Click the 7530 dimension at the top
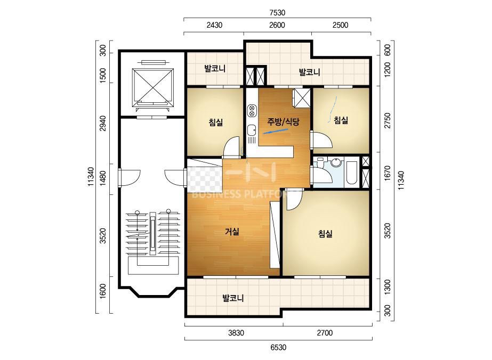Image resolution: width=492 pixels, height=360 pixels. [277, 13]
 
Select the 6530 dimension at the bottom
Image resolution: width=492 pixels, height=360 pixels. [278, 347]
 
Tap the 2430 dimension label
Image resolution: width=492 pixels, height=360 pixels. [214, 25]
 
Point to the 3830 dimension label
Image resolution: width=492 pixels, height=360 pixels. [236, 333]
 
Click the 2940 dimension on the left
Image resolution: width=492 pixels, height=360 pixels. [102, 124]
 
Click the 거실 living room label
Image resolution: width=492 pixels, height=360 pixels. [232, 232]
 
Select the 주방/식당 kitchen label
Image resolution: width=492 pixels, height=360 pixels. [284, 121]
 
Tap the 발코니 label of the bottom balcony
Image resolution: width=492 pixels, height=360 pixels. [233, 298]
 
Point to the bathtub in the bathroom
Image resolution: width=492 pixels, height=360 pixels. [351, 173]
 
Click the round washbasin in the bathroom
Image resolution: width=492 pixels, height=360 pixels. [336, 163]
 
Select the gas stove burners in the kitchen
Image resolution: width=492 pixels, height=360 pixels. [252, 111]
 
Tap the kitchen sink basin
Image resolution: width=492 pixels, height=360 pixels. [252, 129]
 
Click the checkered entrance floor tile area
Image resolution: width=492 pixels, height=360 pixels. [205, 179]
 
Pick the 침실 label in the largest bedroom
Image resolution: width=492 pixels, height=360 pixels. [325, 234]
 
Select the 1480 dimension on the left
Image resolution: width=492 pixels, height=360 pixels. [102, 179]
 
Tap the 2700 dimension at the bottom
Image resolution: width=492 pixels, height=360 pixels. [325, 333]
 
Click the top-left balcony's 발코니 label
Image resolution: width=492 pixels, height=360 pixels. [215, 68]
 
